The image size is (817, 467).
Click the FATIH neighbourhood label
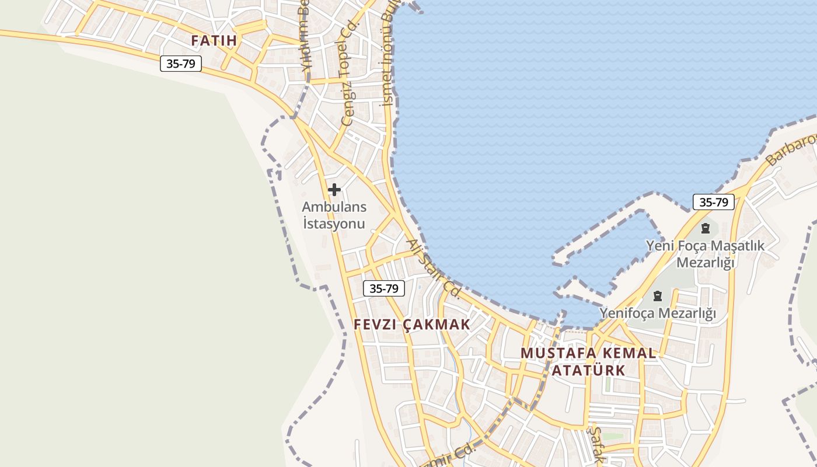[214, 41]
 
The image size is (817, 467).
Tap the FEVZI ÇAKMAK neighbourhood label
[412, 325]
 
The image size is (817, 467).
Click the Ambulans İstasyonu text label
[334, 215]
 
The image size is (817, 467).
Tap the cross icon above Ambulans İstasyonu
[334, 190]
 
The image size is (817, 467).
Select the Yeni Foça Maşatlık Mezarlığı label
[705, 254]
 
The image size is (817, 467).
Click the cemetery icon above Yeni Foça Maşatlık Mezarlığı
[706, 228]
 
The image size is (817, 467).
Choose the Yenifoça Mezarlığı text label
[658, 313]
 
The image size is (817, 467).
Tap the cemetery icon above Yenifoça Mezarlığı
[658, 295]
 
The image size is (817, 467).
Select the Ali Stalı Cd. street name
[433, 268]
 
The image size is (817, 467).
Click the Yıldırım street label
[305, 41]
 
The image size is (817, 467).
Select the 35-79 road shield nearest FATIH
[181, 64]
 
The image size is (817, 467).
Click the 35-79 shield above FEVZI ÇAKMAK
[383, 288]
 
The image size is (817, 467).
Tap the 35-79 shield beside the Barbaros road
[713, 202]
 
